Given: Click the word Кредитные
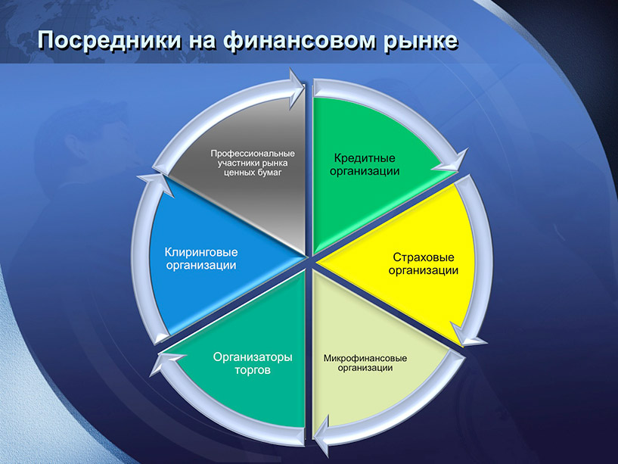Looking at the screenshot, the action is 365,158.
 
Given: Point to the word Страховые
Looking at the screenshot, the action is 424,257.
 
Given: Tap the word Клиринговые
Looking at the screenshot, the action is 201,252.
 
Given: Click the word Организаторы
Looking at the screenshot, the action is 253,357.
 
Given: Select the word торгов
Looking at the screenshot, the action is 253,370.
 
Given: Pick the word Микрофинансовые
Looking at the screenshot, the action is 365,358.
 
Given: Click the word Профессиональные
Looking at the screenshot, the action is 253,154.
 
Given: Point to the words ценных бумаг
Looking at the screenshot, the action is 253,173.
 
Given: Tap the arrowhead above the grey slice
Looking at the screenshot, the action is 297,88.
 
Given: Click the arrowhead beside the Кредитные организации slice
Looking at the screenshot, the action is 452,163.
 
